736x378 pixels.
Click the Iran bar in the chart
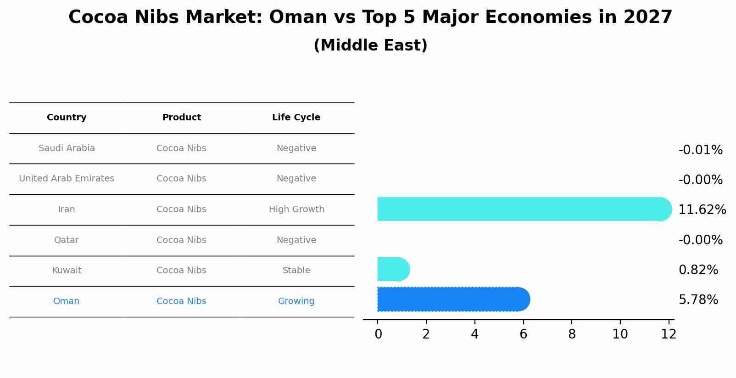(523, 209)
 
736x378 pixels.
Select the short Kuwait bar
(393, 269)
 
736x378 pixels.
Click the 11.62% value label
(702, 210)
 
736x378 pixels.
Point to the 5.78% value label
(698, 300)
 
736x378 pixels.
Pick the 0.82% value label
(698, 270)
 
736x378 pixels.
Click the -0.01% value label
(700, 150)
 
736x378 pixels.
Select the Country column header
(67, 118)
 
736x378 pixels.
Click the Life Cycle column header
(296, 118)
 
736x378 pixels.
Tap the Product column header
(182, 118)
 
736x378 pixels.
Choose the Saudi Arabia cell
(67, 148)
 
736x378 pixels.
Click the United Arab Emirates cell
(67, 179)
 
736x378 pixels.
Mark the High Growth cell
(296, 209)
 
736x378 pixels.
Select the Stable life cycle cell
(296, 271)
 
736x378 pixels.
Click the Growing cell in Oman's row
(296, 301)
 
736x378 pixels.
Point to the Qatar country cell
(67, 240)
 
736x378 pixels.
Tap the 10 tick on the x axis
(620, 334)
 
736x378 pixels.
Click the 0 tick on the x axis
(378, 334)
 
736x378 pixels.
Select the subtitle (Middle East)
(370, 45)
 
